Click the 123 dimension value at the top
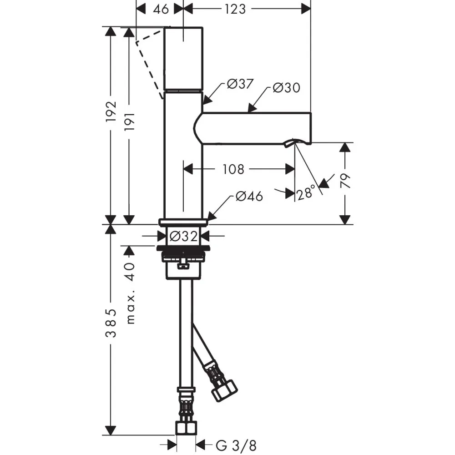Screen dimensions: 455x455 (235, 9)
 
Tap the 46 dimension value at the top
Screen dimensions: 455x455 (161, 9)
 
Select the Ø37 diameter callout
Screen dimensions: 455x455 (240, 84)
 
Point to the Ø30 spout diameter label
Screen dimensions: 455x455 (286, 87)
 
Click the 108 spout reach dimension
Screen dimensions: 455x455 (233, 169)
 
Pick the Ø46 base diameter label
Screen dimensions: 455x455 (249, 196)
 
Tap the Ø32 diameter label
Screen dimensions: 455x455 (183, 236)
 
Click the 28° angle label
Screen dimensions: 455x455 (306, 192)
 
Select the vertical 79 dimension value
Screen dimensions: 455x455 (345, 181)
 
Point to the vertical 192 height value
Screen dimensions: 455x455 (111, 111)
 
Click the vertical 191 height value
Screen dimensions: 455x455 (130, 121)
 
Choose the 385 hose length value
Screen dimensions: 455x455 (111, 323)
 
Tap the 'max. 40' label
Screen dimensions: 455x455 (131, 293)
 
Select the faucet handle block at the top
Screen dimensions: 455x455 (183, 59)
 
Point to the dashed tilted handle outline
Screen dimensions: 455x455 (150, 62)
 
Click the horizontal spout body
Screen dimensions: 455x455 (252, 128)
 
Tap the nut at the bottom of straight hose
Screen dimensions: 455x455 (186, 428)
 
